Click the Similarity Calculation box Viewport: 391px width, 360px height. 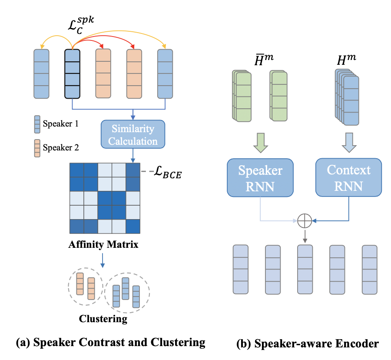click(x=133, y=135)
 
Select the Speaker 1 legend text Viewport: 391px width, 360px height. click(x=60, y=123)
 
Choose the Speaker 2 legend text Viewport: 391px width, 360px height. click(x=60, y=148)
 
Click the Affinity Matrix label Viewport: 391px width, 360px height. click(x=103, y=244)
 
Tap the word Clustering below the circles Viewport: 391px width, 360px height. click(x=103, y=319)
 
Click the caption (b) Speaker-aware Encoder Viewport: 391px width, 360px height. click(x=307, y=343)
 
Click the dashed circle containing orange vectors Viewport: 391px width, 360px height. click(x=86, y=286)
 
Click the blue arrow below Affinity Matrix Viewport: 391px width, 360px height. click(x=103, y=260)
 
